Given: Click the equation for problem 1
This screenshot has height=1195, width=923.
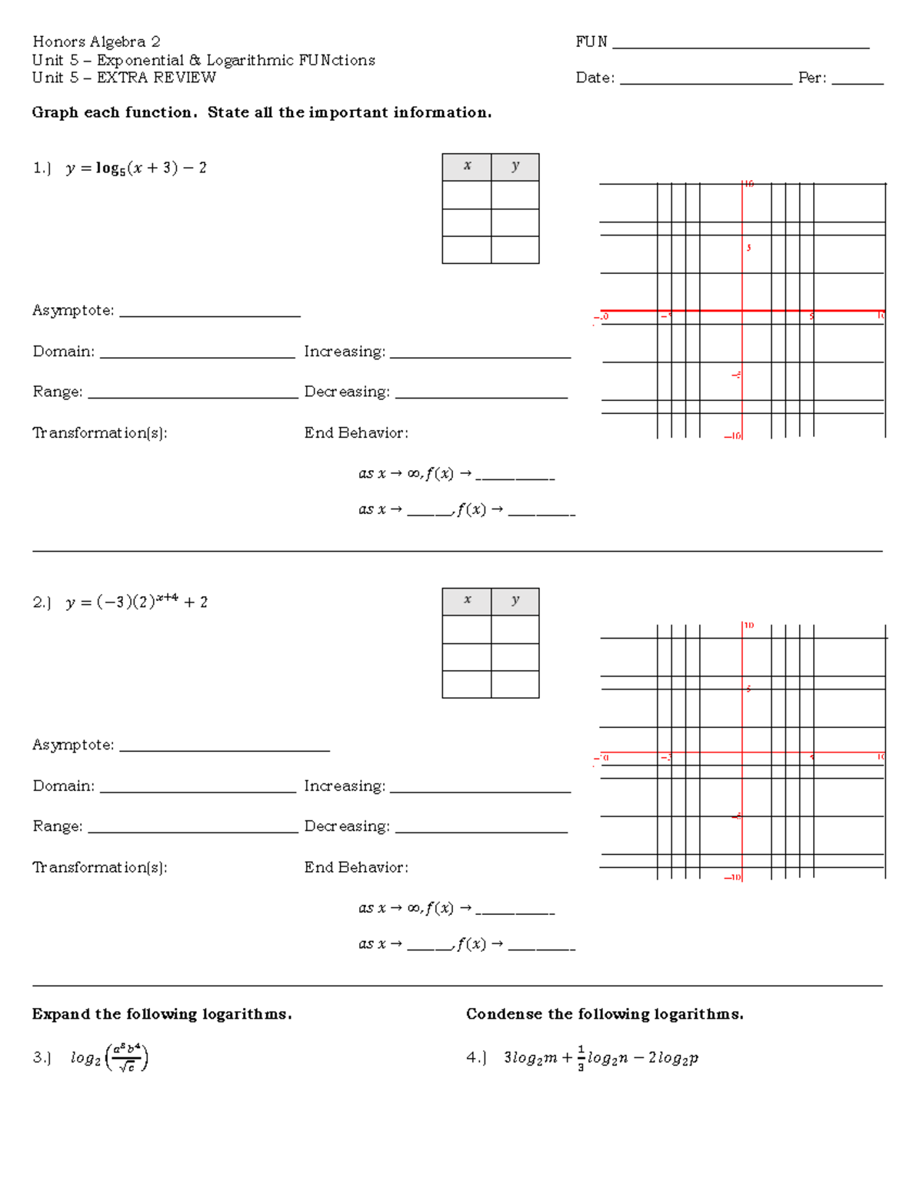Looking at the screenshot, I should tap(135, 168).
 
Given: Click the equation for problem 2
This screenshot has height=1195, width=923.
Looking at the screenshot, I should tap(136, 602).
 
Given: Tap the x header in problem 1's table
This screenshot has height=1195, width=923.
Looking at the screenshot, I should tap(467, 166).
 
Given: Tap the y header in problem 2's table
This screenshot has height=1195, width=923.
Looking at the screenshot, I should tap(515, 600).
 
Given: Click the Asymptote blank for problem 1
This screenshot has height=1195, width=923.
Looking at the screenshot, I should tap(209, 311).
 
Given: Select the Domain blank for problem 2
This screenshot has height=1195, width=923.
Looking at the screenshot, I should tap(198, 786).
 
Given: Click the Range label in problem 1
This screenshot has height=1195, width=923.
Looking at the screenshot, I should tap(58, 392).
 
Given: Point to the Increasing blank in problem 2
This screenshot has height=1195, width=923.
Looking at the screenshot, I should tap(480, 786).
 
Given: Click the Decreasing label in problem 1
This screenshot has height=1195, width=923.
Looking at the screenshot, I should tap(347, 392).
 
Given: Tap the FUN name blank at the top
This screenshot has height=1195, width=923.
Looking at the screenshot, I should tap(740, 43).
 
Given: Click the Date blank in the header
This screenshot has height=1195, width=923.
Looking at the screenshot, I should tap(705, 78).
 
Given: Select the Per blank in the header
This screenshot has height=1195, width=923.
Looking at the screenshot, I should tap(858, 78).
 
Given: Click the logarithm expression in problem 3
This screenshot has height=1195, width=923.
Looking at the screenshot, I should tap(109, 1058).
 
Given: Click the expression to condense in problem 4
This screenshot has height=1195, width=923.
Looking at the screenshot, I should tap(601, 1058).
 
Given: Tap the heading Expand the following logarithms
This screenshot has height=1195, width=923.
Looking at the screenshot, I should tap(162, 1014).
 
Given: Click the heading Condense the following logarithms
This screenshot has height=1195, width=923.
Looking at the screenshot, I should tap(605, 1014).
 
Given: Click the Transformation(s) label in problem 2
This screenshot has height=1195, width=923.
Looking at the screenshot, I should tap(100, 867).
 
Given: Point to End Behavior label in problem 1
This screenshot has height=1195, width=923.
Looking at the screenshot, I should tap(356, 433).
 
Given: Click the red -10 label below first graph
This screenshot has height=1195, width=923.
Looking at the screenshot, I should tap(733, 436).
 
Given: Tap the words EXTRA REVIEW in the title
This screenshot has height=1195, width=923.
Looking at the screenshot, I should tap(156, 78).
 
